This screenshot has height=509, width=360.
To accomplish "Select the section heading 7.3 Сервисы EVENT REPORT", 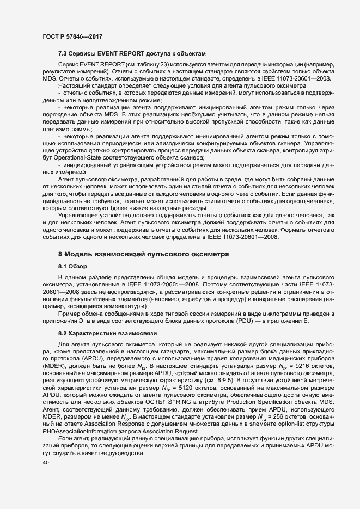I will tap(132, 53).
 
